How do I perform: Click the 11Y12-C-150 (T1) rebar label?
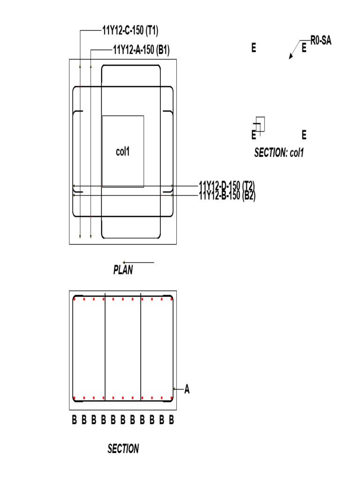pos(130,31)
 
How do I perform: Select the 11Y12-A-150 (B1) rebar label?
pos(141,50)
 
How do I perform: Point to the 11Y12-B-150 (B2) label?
pos(227,195)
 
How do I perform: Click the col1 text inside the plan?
pos(122,152)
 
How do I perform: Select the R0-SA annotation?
pos(321,41)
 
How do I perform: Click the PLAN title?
pos(123,270)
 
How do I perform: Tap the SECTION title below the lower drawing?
pos(123,449)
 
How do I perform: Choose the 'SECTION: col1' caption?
pos(279,153)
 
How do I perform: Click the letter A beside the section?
pos(187,389)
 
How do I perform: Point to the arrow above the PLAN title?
pos(138,262)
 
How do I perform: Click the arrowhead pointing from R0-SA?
pos(291,57)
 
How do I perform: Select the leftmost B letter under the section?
pos(74,420)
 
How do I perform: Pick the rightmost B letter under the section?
pos(172,420)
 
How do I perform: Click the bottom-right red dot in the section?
pos(172,398)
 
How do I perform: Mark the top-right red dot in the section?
pos(172,299)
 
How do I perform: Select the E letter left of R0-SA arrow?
pos(254,48)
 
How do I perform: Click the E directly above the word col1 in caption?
pos(304,135)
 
